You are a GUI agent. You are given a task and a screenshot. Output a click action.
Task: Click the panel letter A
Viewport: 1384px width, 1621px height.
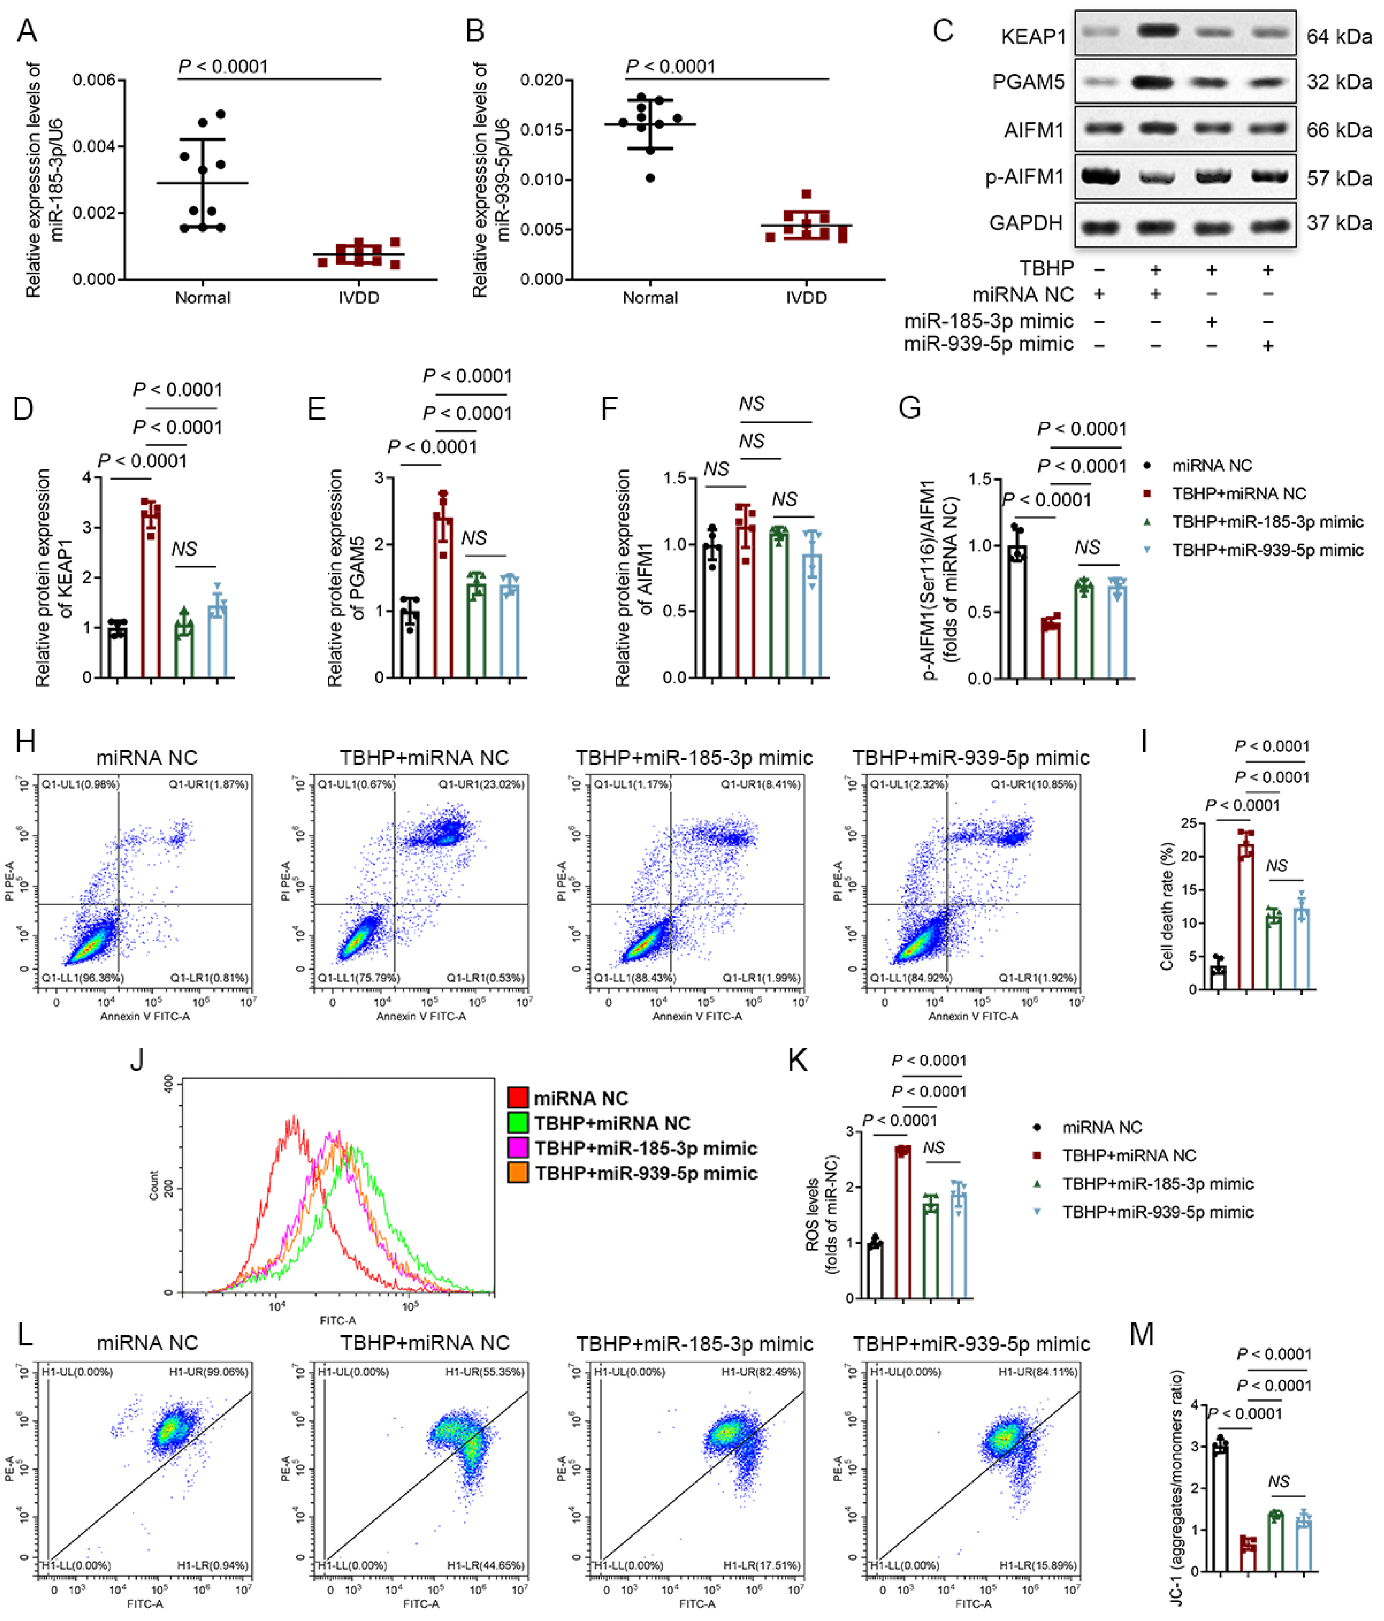[27, 31]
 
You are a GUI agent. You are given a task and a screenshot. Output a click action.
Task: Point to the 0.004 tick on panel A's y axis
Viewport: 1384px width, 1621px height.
[94, 146]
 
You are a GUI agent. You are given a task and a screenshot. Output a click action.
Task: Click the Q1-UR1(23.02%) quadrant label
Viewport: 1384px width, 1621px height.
[480, 784]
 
